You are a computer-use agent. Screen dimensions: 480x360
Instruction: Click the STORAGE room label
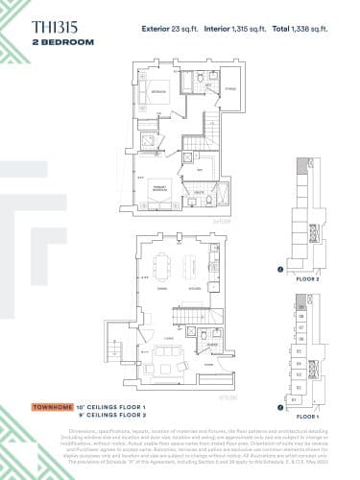(x=229, y=89)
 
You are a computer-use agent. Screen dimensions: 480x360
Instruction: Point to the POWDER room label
(x=211, y=343)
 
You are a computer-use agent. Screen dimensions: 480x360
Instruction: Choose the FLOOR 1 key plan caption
(x=306, y=418)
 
